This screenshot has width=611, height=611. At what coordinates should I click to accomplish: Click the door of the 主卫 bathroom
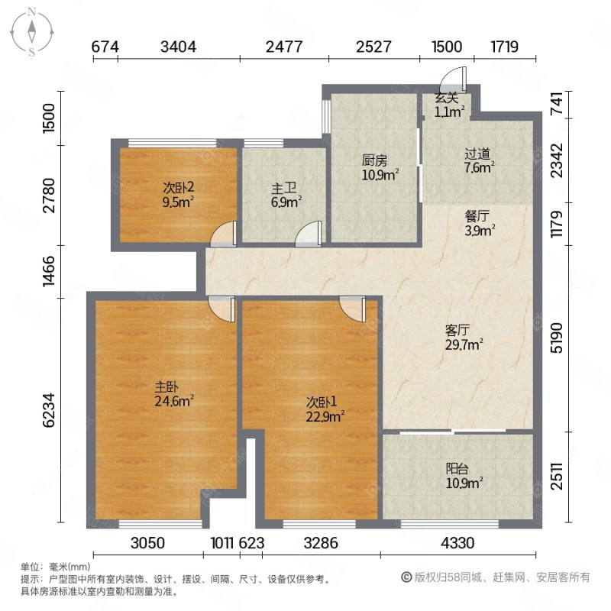tap(309, 234)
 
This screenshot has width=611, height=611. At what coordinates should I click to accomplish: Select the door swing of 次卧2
tap(225, 234)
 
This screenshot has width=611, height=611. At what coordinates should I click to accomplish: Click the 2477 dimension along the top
tap(283, 46)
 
